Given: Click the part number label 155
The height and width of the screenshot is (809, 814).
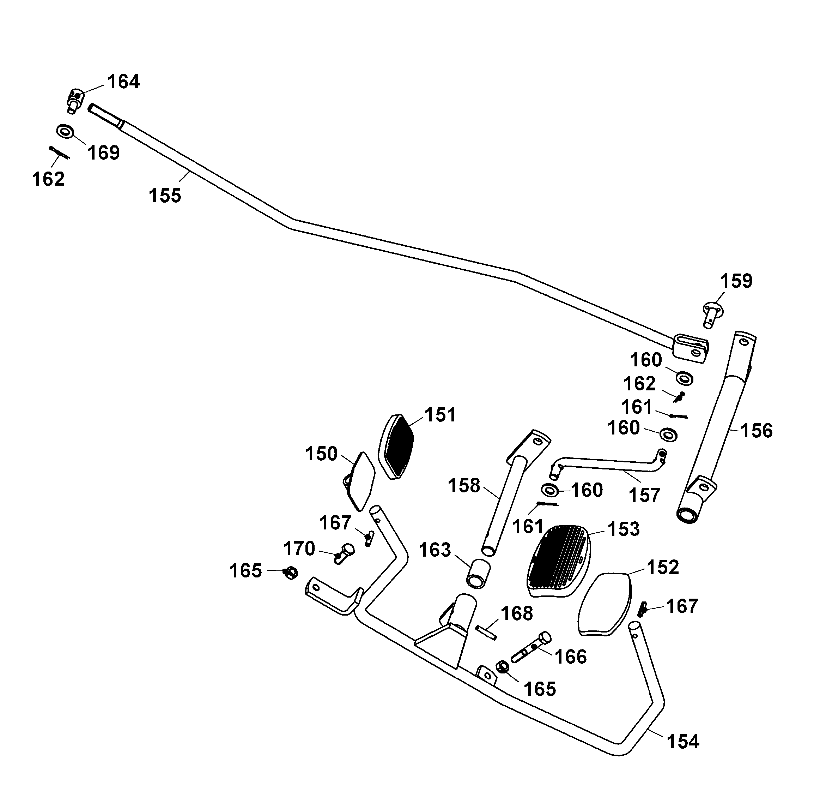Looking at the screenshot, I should (165, 196).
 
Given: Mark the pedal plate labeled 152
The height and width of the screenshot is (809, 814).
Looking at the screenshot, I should (605, 605).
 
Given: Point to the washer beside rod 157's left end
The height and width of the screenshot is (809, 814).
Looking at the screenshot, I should (550, 490).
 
